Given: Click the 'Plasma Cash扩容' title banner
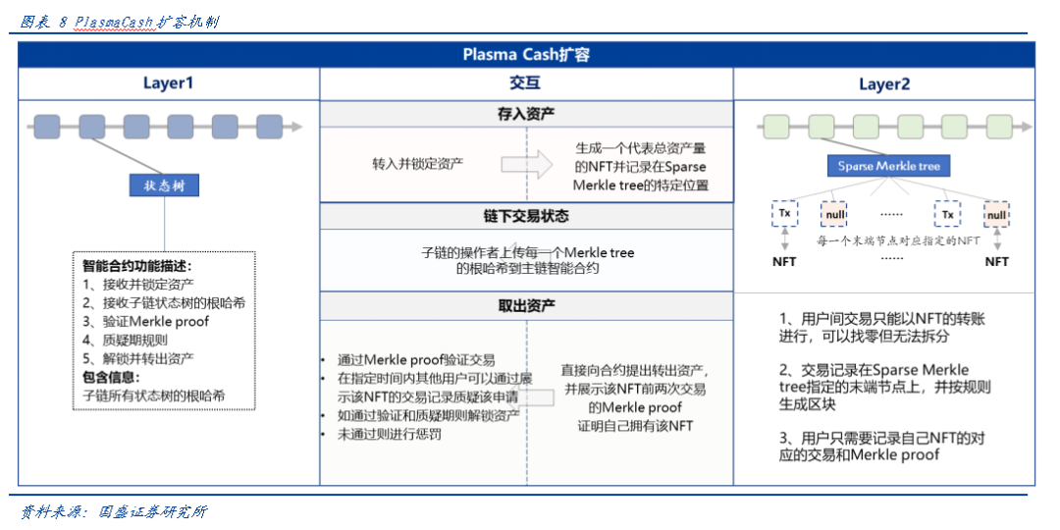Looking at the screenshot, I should click(526, 55).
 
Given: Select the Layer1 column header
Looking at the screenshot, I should click(168, 84).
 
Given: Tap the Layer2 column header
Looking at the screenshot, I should click(883, 84).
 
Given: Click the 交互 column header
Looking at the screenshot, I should click(525, 84).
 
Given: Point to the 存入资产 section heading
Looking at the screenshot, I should click(525, 115).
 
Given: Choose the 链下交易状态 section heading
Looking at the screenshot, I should click(525, 216).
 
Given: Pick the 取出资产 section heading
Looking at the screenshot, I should click(525, 306).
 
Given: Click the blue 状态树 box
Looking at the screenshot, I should click(164, 185).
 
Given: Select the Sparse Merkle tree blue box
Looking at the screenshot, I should click(888, 166).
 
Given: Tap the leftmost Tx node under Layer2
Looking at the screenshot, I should click(784, 214).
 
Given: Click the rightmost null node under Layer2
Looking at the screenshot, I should click(996, 215).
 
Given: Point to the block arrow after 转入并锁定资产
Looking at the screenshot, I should click(526, 164).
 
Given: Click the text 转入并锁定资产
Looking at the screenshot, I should click(417, 164).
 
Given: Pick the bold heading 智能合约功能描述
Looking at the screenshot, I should click(136, 266).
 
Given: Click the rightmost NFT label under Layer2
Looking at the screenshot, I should click(996, 262).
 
